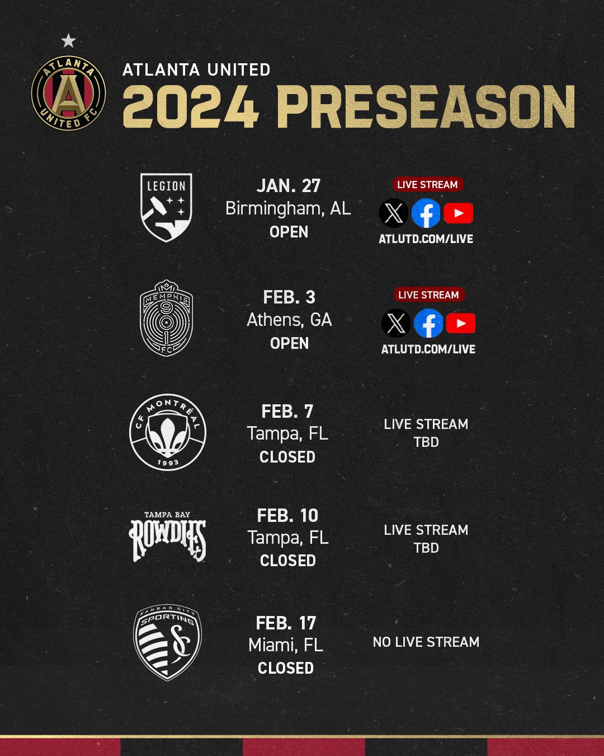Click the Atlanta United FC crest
(68, 93)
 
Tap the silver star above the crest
(68, 41)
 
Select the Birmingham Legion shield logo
(166, 208)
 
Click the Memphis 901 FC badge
(166, 318)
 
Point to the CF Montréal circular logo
(168, 432)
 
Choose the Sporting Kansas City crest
(167, 642)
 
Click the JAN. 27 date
(289, 186)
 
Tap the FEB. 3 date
(289, 297)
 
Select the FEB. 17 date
(286, 623)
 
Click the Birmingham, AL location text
(288, 209)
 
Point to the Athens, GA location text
(289, 320)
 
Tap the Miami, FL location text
(286, 645)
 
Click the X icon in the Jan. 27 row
(393, 213)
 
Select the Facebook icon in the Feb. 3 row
(428, 323)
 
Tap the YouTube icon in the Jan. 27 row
(459, 213)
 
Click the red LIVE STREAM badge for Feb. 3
(428, 295)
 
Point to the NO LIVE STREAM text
(426, 642)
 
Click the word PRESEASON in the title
(426, 107)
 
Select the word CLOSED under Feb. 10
(288, 561)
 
